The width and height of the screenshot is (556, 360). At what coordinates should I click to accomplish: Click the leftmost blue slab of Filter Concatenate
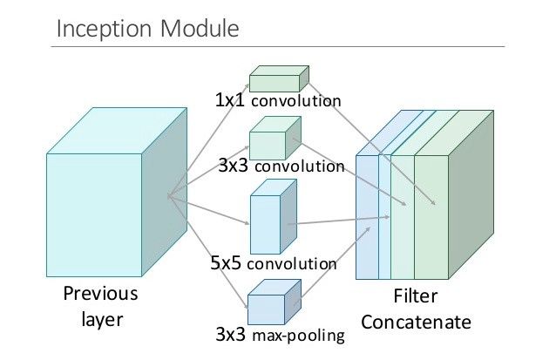367,217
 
